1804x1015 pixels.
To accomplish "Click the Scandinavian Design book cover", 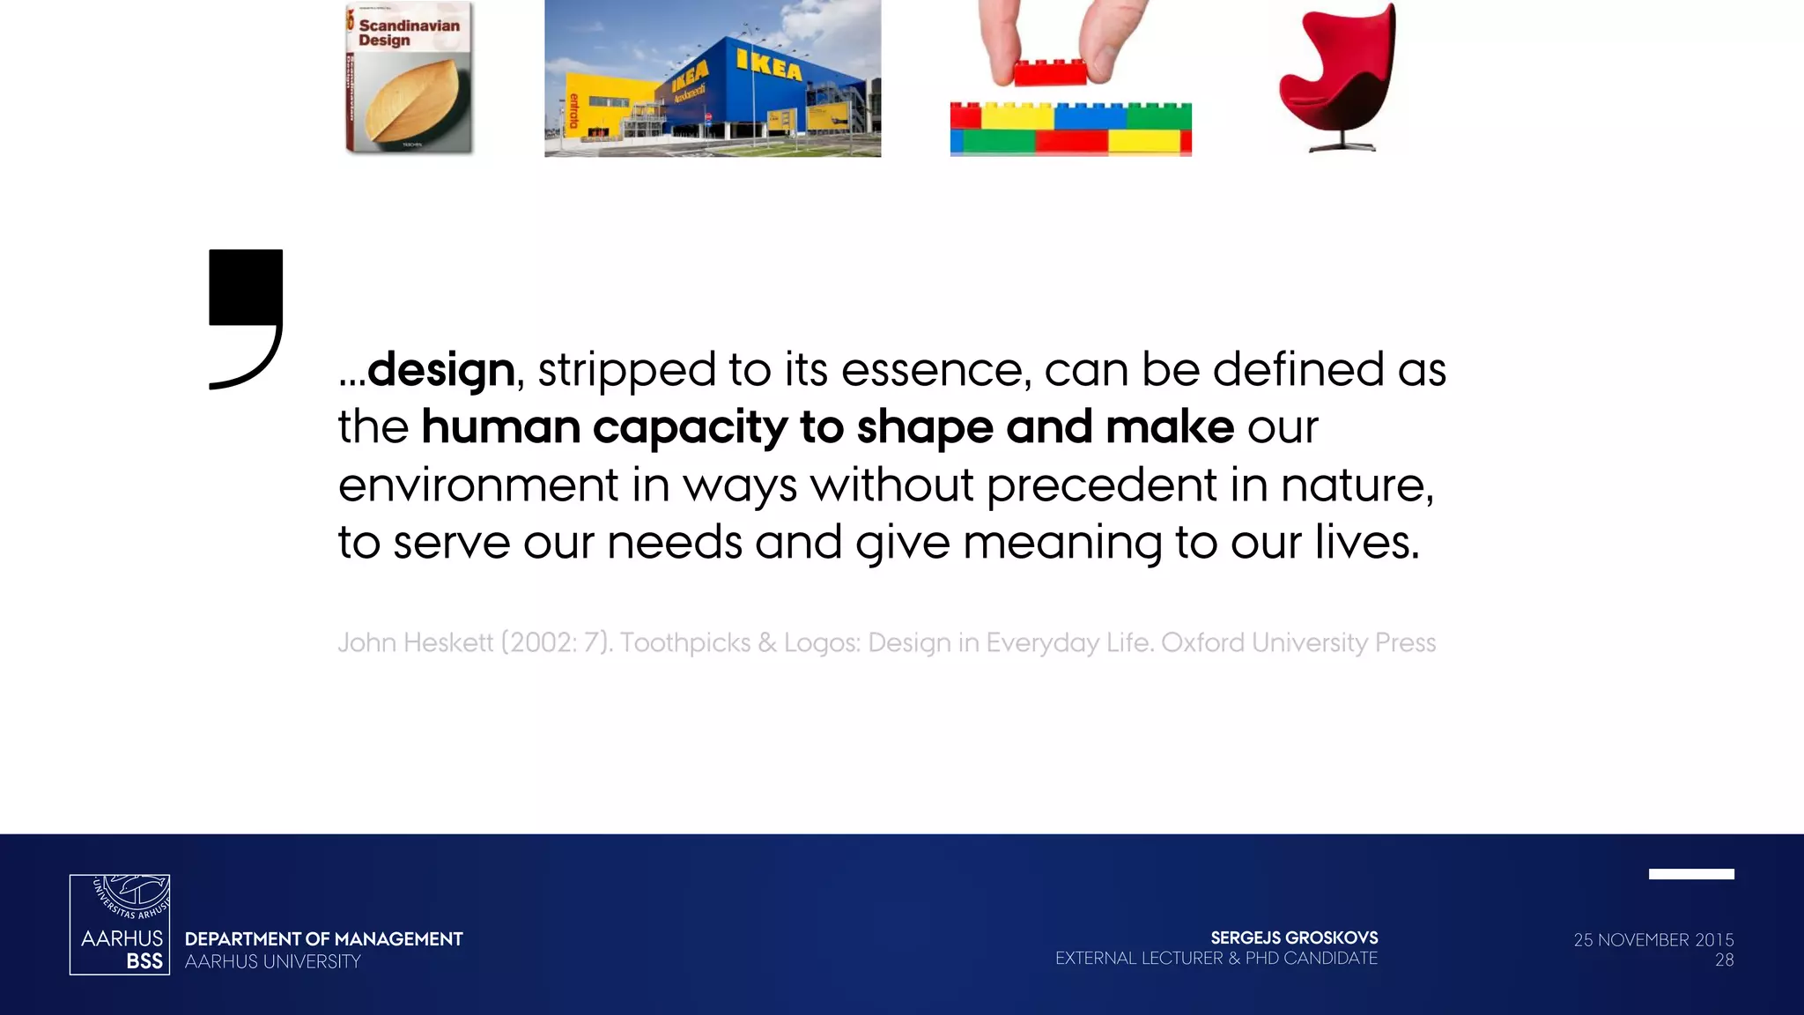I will [409, 78].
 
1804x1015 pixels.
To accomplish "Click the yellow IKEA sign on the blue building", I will [769, 65].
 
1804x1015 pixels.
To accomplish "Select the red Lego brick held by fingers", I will [1050, 72].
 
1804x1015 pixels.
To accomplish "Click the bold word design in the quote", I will [441, 370].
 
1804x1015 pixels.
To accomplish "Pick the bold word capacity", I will [690, 428].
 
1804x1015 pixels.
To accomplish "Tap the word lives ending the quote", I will [1366, 543].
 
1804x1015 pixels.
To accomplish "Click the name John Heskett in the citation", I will [415, 642].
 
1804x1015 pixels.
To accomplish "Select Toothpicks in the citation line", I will [684, 642].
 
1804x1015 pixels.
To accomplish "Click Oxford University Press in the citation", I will [1298, 642].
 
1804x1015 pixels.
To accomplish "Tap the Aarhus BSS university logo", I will [120, 924].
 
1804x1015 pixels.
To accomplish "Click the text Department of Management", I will [323, 939].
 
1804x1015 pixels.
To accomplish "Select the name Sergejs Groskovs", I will [1293, 938].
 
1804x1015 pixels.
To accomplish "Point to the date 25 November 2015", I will [1652, 940].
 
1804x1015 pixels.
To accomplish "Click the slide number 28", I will [1724, 960].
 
